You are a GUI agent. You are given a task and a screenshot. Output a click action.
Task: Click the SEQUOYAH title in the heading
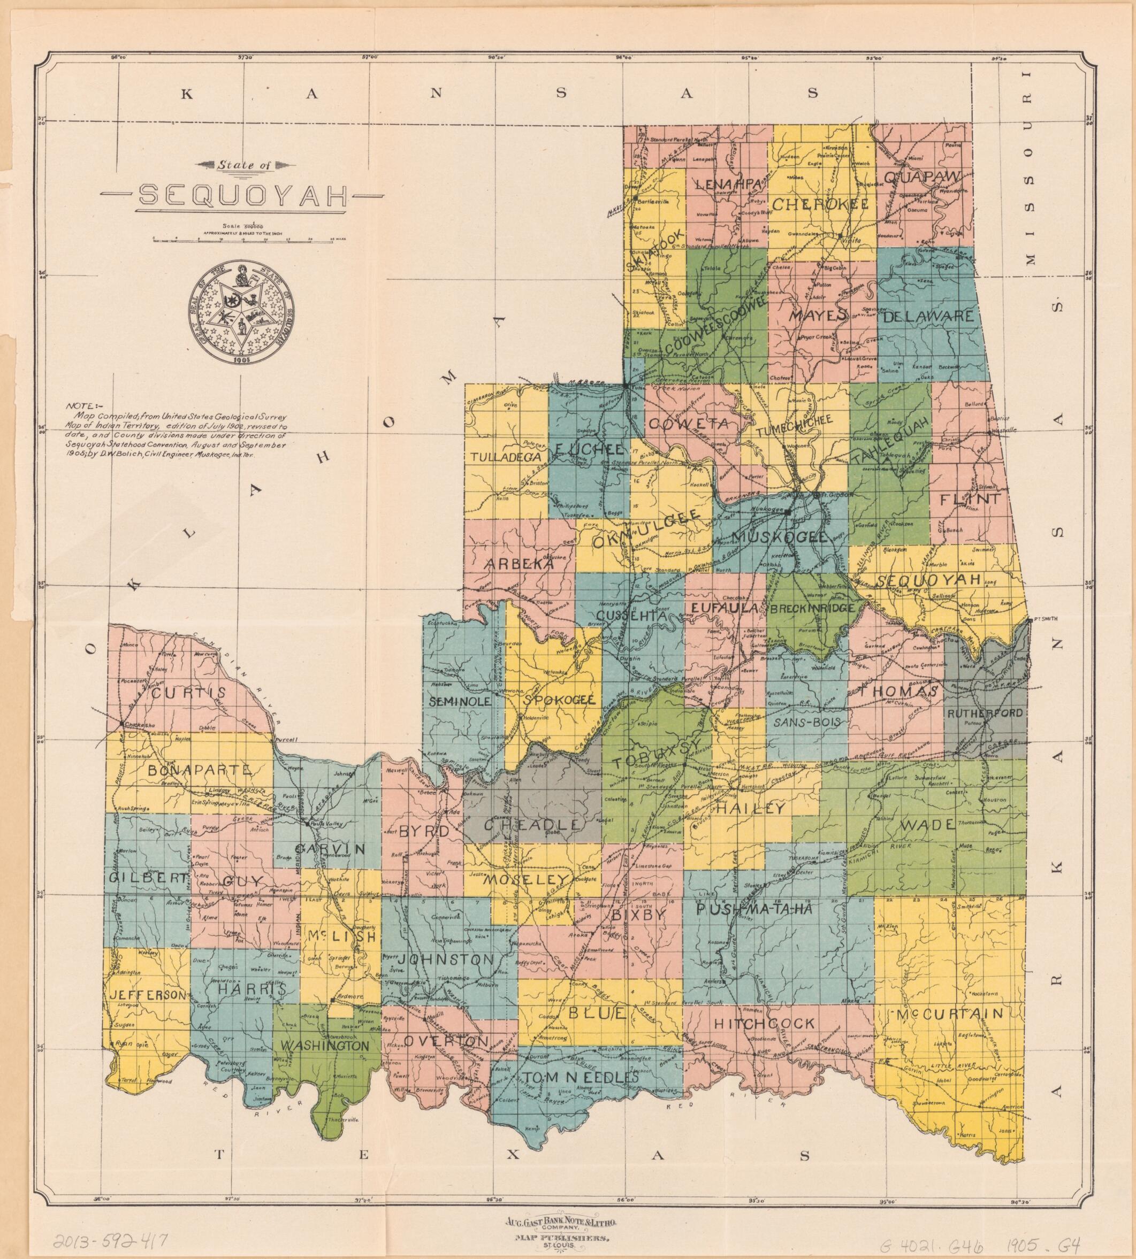coord(242,195)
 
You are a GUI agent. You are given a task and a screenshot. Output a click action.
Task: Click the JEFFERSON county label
coord(148,994)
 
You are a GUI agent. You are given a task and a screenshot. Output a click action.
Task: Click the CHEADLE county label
coord(532,825)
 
